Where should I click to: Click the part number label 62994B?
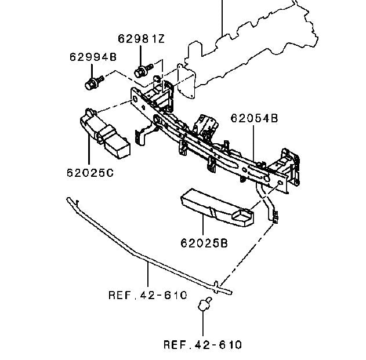click(93, 57)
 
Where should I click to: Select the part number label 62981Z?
click(141, 39)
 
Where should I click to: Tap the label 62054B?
click(254, 118)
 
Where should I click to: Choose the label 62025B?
click(203, 243)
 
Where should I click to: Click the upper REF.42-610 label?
click(148, 295)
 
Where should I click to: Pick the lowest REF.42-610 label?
click(202, 345)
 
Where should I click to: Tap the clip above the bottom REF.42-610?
click(204, 306)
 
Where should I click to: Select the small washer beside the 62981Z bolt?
click(157, 77)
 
